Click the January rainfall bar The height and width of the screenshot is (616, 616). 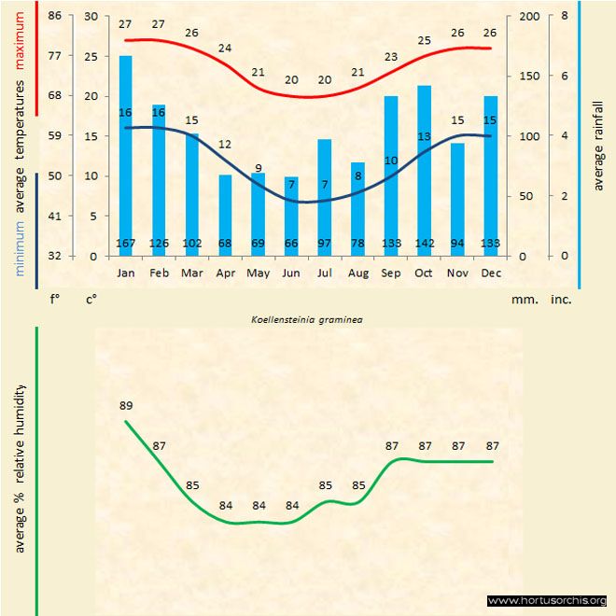click(125, 155)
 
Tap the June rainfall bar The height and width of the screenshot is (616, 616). click(291, 216)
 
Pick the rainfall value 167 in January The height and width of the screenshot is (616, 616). click(126, 245)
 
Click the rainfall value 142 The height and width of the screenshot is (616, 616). click(425, 245)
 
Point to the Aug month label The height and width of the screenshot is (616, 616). click(357, 273)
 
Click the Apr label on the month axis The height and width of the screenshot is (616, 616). click(225, 273)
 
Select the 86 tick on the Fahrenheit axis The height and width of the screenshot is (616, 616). click(55, 17)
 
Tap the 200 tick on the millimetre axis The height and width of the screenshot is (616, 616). click(528, 17)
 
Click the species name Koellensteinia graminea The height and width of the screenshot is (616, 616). click(307, 318)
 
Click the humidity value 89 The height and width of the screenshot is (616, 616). click(126, 405)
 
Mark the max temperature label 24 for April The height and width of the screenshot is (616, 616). click(225, 48)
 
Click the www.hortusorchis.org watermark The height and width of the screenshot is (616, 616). click(547, 600)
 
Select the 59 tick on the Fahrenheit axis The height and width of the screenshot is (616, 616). click(55, 136)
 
